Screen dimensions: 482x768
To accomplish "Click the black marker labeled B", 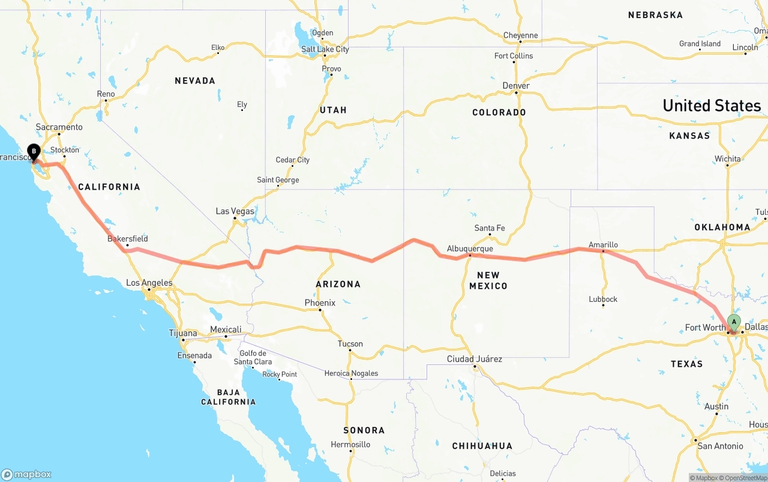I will [x=34, y=152].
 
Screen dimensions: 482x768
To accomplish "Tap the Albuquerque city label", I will [x=470, y=249].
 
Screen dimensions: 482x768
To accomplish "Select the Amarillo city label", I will [x=603, y=245].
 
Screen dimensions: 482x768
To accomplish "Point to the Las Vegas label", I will [x=235, y=211].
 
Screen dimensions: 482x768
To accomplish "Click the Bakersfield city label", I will [x=127, y=238].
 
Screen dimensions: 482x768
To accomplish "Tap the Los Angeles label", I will [x=149, y=283].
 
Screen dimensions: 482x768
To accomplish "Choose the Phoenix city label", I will [x=320, y=303].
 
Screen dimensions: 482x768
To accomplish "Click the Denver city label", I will [x=516, y=86].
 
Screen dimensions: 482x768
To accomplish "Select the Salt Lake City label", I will [x=325, y=49].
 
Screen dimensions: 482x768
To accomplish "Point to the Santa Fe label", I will [x=490, y=228].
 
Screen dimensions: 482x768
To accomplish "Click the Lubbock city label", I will [x=603, y=299].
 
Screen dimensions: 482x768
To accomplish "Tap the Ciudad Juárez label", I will [x=475, y=359].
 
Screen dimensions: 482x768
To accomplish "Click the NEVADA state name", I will [x=195, y=80].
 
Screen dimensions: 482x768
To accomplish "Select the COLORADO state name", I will [x=499, y=112].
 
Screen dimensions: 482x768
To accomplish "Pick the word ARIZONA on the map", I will [x=338, y=284].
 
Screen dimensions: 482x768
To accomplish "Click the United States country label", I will [x=712, y=106].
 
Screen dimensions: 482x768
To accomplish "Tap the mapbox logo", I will [x=26, y=474].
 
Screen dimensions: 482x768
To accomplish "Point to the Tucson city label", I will [x=350, y=344].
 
